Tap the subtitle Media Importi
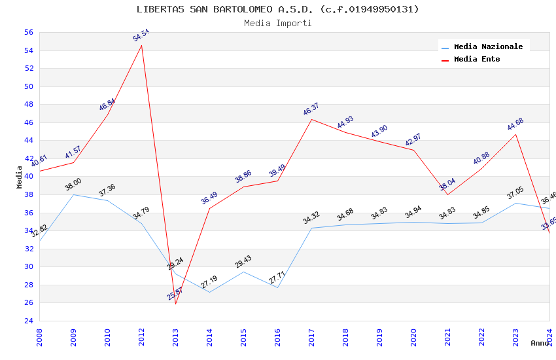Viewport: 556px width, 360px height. (277, 23)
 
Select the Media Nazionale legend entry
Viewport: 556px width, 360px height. (488, 46)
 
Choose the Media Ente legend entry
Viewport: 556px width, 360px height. (477, 59)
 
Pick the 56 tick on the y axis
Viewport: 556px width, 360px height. (28, 32)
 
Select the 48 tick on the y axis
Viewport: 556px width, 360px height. (28, 104)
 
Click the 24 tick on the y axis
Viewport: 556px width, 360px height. (28, 321)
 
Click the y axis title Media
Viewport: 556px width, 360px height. (20, 177)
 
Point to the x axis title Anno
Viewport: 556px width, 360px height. (540, 343)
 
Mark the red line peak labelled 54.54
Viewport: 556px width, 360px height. (141, 45)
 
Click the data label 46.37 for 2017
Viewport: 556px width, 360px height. (311, 109)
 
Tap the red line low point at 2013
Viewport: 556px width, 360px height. (175, 304)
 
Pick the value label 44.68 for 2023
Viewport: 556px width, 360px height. (515, 124)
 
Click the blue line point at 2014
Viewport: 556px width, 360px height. (209, 292)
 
